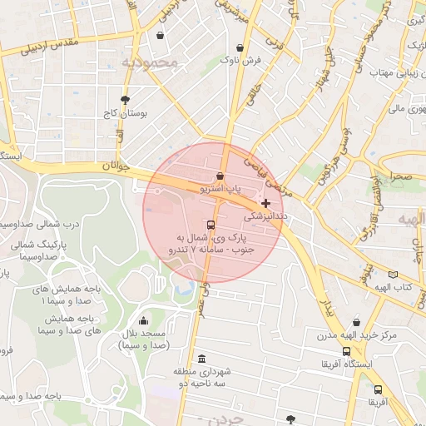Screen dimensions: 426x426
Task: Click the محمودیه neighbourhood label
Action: click(150, 62)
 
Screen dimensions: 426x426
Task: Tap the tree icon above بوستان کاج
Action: click(125, 98)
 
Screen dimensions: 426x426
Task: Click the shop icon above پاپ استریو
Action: click(220, 176)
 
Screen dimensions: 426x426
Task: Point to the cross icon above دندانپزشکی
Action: click(265, 202)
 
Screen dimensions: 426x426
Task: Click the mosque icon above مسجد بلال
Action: click(144, 321)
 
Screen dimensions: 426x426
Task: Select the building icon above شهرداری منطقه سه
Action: click(202, 358)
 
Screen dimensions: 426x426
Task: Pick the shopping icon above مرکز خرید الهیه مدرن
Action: click(357, 323)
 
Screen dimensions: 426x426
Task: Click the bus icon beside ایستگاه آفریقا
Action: click(326, 364)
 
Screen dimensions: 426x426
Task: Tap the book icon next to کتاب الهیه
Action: click(393, 274)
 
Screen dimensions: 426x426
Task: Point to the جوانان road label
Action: click(116, 166)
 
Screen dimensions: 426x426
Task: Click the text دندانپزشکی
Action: click(265, 215)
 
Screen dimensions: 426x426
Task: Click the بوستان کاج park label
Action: click(126, 112)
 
